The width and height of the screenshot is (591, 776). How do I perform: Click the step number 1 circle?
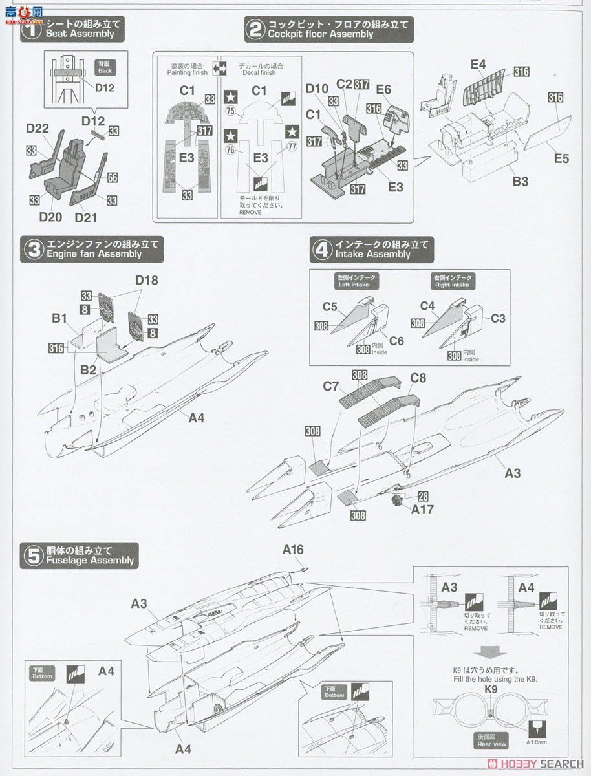31,30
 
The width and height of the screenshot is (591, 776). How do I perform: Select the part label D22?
38,129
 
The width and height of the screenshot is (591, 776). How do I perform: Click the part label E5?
561,157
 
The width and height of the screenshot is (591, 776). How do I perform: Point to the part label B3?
520,181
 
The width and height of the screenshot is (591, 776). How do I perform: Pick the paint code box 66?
112,177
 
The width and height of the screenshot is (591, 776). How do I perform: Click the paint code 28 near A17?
423,496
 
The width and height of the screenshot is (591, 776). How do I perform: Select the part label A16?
292,550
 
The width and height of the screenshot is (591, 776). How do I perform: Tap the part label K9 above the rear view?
490,689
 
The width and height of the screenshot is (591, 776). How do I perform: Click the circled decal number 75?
230,111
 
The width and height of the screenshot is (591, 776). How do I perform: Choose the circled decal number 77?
292,146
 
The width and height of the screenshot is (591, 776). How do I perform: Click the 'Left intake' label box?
356,281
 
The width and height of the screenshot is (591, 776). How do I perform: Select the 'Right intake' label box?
453,281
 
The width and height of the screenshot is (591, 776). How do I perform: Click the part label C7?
330,387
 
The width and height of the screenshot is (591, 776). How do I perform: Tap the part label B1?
59,318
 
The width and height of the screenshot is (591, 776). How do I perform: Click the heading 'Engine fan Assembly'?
94,254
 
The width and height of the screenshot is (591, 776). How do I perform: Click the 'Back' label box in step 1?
103,67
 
